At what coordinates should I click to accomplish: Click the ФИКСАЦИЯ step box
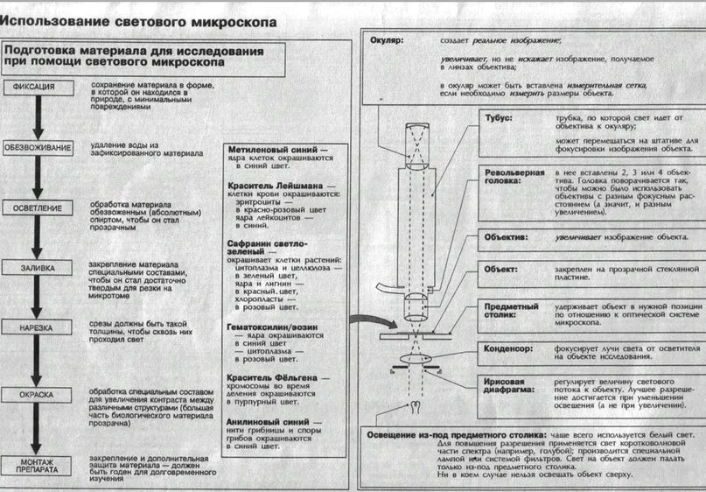coord(36,87)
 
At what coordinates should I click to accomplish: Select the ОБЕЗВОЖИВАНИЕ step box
coord(38,148)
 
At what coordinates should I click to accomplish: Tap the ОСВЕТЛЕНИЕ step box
coord(37,208)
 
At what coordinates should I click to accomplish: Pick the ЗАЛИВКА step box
coord(37,268)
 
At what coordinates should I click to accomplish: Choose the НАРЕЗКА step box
coord(37,327)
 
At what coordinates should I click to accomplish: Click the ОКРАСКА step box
coord(37,395)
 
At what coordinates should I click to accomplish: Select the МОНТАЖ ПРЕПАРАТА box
coord(37,466)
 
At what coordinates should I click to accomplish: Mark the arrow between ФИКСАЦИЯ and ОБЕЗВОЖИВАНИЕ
coord(37,116)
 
